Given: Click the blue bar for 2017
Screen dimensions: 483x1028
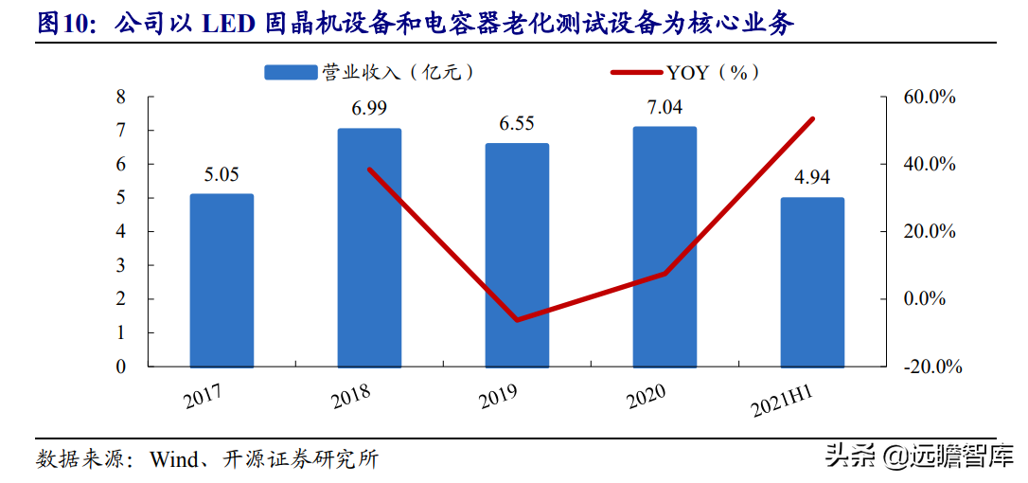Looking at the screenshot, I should pos(222,280).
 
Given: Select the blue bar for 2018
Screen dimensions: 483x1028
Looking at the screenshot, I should pos(369,247).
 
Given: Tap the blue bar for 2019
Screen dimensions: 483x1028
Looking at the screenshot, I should pos(517,255).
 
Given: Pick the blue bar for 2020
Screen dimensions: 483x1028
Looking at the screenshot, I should pos(665,246).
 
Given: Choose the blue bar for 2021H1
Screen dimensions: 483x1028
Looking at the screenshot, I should pos(812,282).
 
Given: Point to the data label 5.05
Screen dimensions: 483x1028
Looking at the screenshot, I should pos(222,174).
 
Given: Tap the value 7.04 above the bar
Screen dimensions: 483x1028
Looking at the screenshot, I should pos(665,107).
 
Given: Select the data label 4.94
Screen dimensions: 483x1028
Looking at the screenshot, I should pos(812,177).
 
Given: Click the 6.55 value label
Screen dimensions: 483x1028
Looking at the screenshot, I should pos(517,123).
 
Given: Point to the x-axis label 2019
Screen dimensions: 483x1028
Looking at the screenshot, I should pos(500,395).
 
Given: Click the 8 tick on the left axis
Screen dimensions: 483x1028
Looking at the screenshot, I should pos(120,97).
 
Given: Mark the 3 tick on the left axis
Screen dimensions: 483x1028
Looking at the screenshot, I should pos(120,265).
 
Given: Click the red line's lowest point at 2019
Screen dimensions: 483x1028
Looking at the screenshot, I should pos(517,320).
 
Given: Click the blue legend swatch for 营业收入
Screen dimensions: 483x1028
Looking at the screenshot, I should pos(290,72).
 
